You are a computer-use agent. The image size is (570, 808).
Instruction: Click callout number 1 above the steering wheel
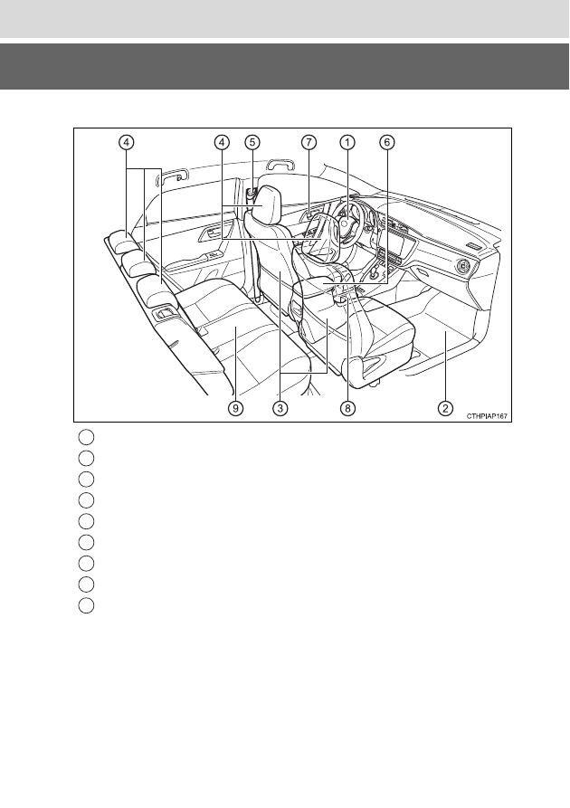click(347, 142)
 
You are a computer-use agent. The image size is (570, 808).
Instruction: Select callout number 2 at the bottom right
click(445, 408)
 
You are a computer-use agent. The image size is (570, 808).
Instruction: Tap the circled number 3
click(280, 408)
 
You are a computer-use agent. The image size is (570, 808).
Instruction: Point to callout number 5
click(252, 142)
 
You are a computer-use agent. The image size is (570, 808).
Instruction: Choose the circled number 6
click(387, 142)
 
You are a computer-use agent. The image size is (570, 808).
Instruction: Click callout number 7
click(309, 142)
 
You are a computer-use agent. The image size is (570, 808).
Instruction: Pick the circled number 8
click(347, 408)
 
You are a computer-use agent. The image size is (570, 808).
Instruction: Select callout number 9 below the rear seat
click(235, 408)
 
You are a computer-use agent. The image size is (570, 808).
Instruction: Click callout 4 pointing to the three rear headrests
click(127, 142)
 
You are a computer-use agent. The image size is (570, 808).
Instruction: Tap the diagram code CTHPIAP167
click(488, 415)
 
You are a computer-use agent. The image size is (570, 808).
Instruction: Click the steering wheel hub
click(347, 225)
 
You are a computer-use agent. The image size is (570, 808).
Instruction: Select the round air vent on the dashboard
click(464, 267)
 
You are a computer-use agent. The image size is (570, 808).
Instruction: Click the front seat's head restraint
click(264, 205)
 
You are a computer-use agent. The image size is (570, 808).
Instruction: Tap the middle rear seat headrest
click(139, 264)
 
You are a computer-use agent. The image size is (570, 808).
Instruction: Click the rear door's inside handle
click(208, 234)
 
